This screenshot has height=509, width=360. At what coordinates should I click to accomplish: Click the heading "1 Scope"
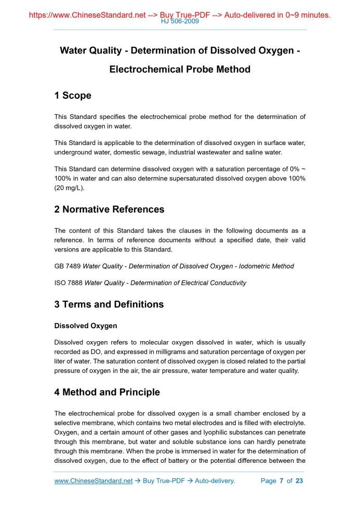(73, 96)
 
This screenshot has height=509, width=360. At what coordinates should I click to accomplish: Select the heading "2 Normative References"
(109, 209)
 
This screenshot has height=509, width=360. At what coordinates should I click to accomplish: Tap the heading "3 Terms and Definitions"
(109, 304)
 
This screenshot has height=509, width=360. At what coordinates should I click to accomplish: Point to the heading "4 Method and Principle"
(107, 392)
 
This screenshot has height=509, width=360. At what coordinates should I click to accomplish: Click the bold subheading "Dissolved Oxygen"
(86, 326)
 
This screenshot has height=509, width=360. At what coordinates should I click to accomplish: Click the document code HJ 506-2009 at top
(180, 22)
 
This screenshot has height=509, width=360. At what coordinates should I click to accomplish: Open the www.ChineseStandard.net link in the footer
(94, 481)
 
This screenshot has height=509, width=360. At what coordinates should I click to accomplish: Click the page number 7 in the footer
(281, 481)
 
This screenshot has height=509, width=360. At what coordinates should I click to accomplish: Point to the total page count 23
(299, 481)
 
